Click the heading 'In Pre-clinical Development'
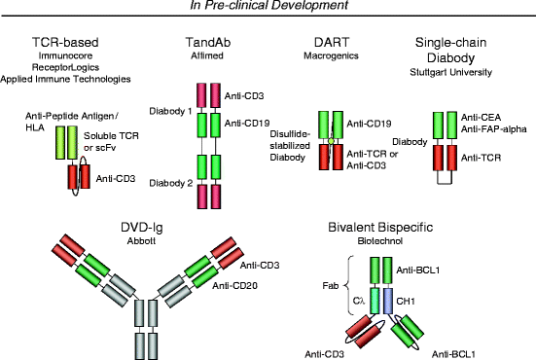(268, 8)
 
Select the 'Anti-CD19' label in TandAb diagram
(249, 123)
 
